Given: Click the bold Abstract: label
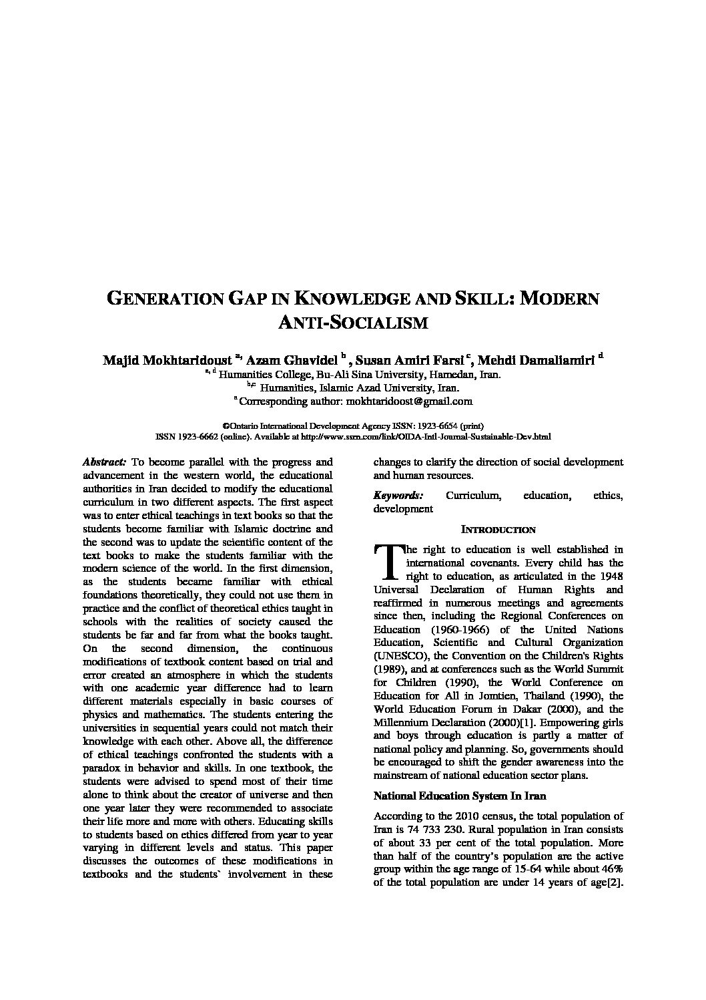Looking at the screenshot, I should click(x=105, y=462).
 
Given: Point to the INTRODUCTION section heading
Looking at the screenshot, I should click(x=498, y=530).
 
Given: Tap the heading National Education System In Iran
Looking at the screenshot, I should click(x=460, y=796).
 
